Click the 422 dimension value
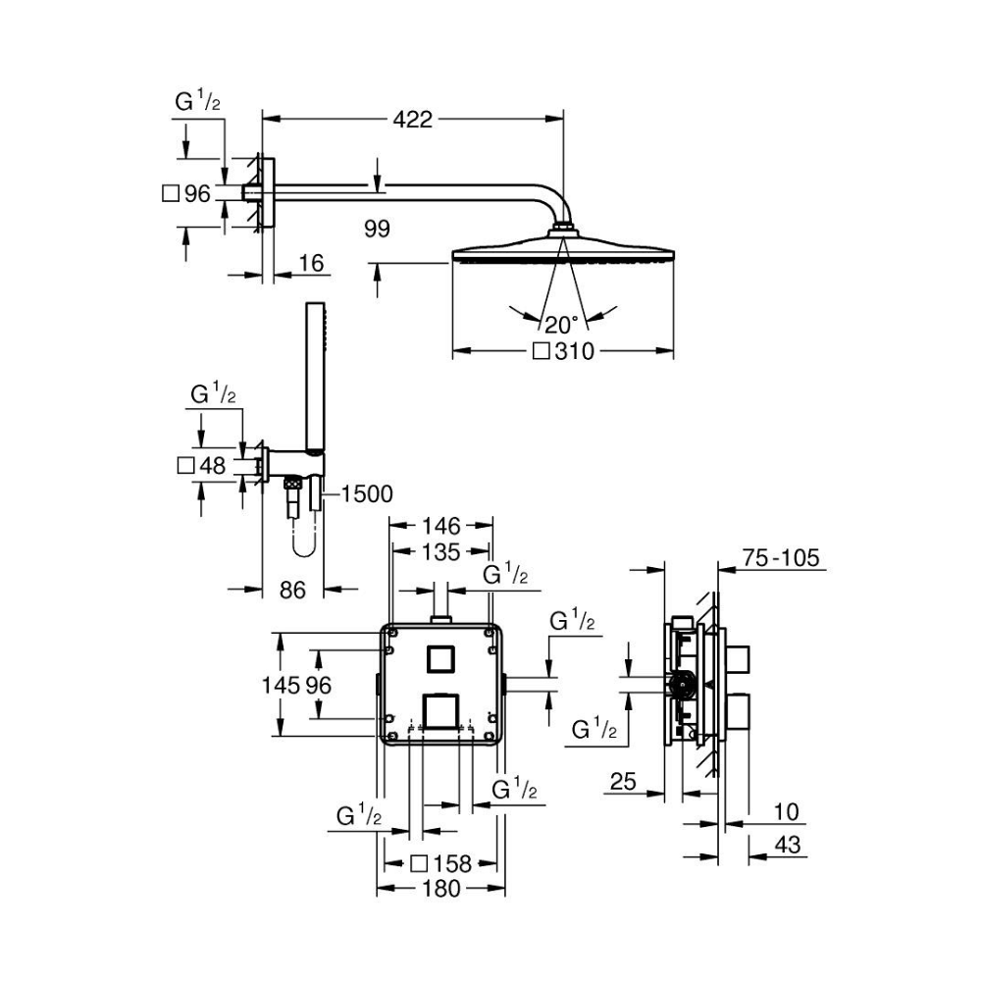point(412,119)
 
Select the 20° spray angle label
point(561,326)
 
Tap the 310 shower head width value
point(574,351)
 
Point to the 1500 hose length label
point(367,494)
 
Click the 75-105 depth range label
point(781,557)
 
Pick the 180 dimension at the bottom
point(441,889)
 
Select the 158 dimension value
point(451,864)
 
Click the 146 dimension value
point(441,526)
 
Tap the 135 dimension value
point(441,552)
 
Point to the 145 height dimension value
point(281,685)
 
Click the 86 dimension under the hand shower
point(292,590)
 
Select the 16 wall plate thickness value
point(311,263)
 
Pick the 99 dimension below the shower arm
point(377,229)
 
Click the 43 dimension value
point(788,846)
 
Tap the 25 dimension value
point(623,782)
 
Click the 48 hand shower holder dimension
point(212,465)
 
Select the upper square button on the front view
point(441,658)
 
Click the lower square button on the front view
point(441,712)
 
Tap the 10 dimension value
point(787,812)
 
